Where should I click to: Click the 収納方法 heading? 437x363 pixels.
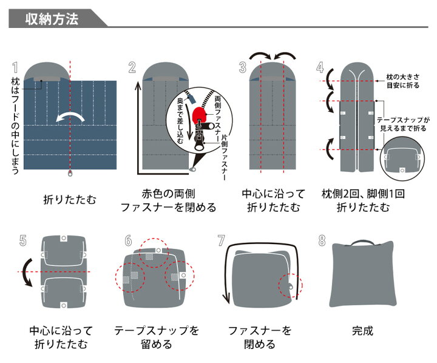[52, 19]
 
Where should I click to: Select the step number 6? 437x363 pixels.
[128, 240]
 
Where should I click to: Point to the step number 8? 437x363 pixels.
[322, 240]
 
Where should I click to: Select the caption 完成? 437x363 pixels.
[362, 331]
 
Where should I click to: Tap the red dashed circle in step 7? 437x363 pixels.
[291, 285]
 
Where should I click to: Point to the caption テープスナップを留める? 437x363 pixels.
[156, 338]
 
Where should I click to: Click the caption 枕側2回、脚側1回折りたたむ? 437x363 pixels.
[363, 201]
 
